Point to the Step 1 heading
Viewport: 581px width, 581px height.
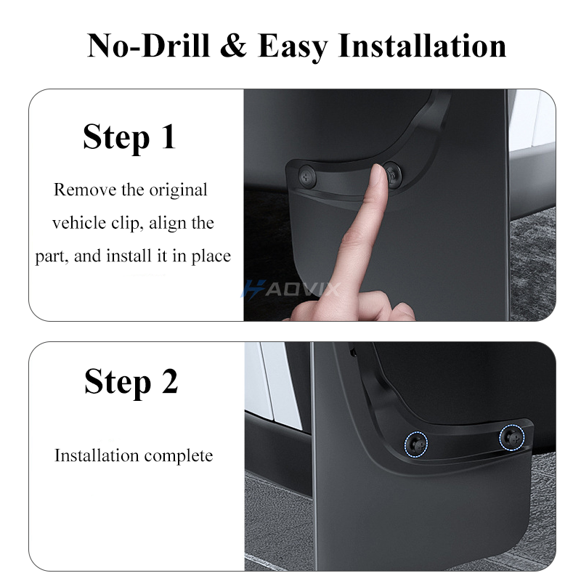click(129, 137)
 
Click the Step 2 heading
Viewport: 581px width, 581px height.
click(131, 381)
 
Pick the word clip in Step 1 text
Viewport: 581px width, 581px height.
click(129, 223)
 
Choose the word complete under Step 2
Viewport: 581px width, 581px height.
click(179, 456)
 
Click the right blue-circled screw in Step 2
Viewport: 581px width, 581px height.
click(511, 436)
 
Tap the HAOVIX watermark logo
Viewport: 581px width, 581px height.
click(290, 290)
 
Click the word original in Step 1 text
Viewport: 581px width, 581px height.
click(178, 190)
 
